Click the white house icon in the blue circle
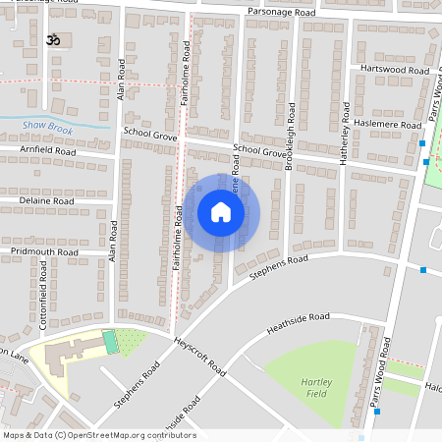pos(221,212)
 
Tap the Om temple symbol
pos(52,42)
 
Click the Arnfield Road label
pos(47,151)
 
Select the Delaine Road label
pos(46,200)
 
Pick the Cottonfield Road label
pos(45,294)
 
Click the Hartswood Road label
pos(395,71)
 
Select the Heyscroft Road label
pos(198,359)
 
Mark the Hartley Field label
pos(315,385)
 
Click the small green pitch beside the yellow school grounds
pos(110,340)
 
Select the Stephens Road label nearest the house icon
pos(279,266)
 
